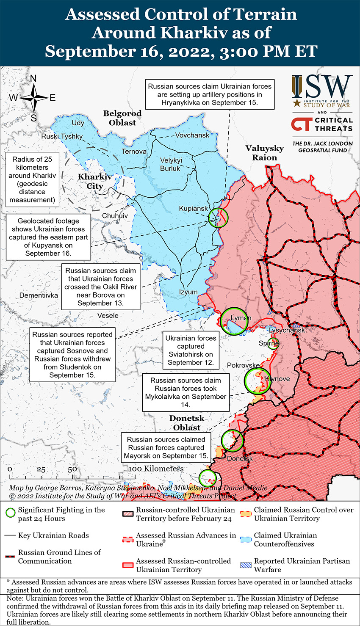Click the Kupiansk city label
[194, 209]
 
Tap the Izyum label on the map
[188, 292]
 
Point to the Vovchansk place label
[192, 135]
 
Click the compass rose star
[33, 98]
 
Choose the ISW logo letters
[322, 87]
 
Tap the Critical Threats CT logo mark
[302, 124]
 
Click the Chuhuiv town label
[115, 216]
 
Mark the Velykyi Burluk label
[171, 164]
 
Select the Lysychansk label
[287, 330]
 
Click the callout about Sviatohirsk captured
[191, 350]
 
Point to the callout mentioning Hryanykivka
[210, 94]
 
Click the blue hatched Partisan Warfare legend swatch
[246, 565]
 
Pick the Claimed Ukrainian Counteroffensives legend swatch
[246, 539]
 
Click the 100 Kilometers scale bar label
[156, 469]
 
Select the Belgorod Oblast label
[122, 118]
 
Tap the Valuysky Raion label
[264, 153]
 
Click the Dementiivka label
[39, 295]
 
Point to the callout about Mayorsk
[166, 447]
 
